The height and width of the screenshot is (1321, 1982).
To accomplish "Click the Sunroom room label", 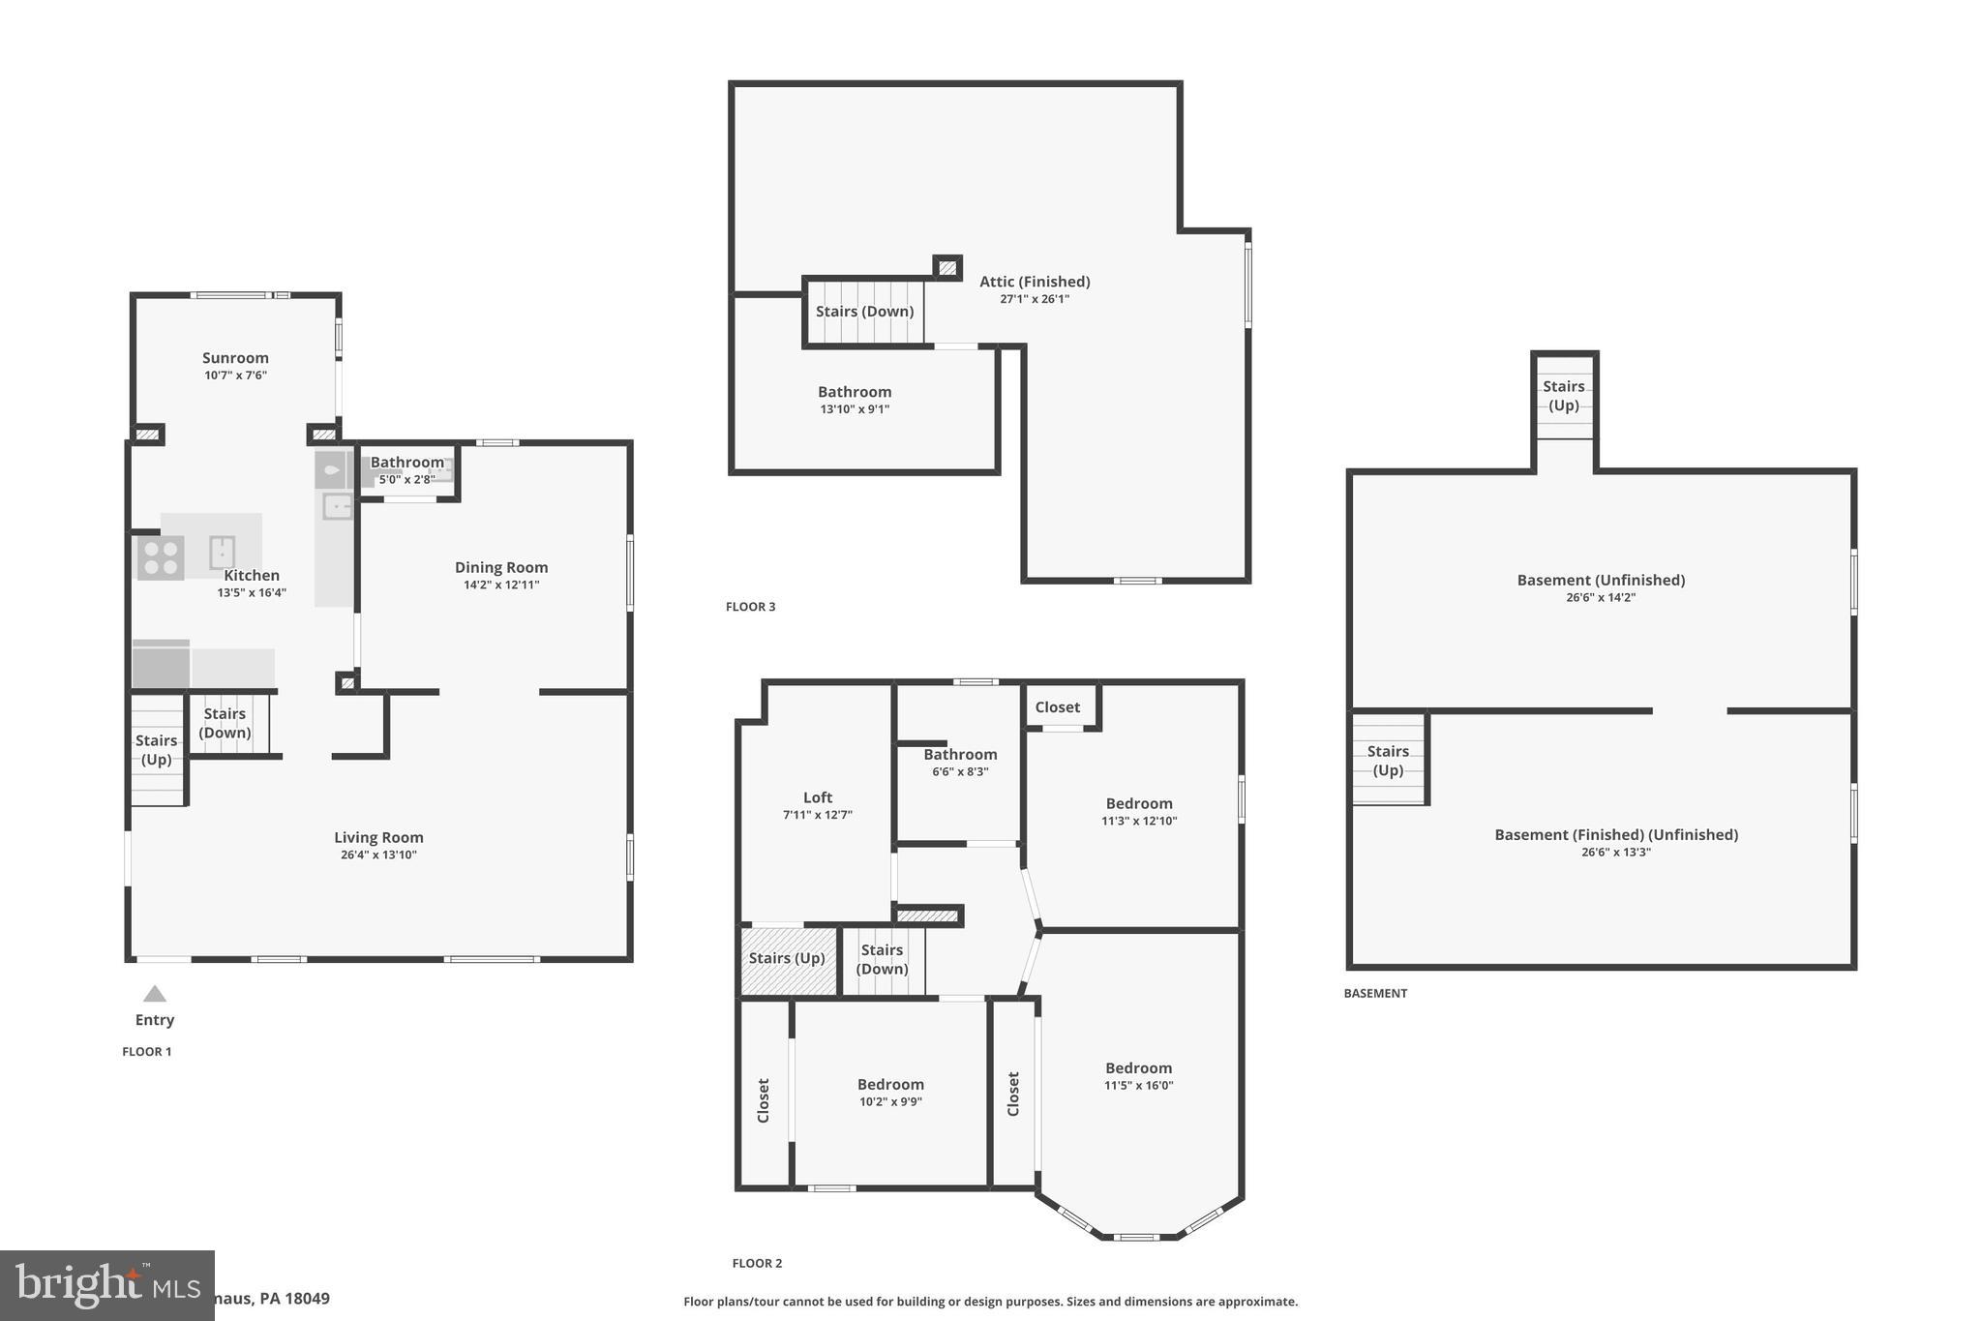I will click(x=235, y=358).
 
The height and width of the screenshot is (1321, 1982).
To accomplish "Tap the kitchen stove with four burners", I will click(x=161, y=558).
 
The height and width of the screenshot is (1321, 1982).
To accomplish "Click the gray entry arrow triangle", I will click(x=155, y=994).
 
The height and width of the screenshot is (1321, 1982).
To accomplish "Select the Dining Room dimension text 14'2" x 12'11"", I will click(x=501, y=585).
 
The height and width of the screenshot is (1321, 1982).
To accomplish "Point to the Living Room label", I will click(x=378, y=838).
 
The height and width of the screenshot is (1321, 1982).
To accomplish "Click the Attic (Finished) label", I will click(x=1035, y=282).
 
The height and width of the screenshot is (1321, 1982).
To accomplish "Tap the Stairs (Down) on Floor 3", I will click(x=864, y=312).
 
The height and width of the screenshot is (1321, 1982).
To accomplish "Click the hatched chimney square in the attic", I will click(x=947, y=267).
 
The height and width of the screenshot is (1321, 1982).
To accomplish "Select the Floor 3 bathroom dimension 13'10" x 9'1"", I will click(x=855, y=409).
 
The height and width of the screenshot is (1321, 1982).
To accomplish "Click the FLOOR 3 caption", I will click(x=750, y=607).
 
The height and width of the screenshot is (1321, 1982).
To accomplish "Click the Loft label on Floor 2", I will click(x=818, y=797).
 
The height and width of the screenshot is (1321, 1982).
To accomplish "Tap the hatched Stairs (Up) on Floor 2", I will click(x=788, y=959).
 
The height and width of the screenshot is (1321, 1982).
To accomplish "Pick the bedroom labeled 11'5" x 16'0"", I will click(x=1139, y=1068).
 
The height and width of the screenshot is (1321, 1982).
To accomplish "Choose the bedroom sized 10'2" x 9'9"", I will click(x=890, y=1085).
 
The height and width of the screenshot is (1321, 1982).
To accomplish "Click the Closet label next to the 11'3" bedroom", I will click(x=1057, y=707).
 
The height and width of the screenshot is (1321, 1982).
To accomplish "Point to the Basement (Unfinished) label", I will click(x=1601, y=581).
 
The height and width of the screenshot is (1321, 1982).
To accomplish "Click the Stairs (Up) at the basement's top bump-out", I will click(x=1564, y=396).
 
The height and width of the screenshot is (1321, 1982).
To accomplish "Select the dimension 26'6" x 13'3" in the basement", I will click(x=1615, y=853).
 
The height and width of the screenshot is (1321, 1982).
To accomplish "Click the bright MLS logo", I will click(x=106, y=1285).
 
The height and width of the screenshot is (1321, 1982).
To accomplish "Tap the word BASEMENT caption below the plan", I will click(x=1375, y=993).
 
